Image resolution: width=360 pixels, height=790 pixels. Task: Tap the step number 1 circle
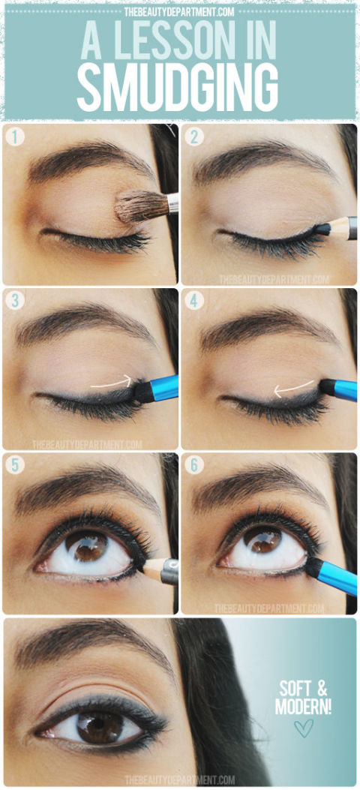click(x=15, y=137)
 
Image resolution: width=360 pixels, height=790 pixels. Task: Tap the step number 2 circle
click(x=193, y=137)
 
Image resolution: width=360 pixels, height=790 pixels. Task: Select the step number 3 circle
click(x=15, y=301)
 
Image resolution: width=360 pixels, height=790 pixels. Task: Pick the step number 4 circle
click(x=193, y=301)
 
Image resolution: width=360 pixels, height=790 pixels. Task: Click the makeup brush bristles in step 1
click(x=141, y=206)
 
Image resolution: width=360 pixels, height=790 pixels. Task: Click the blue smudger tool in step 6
click(x=330, y=574)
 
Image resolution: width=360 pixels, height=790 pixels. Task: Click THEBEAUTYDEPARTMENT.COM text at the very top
click(x=180, y=12)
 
